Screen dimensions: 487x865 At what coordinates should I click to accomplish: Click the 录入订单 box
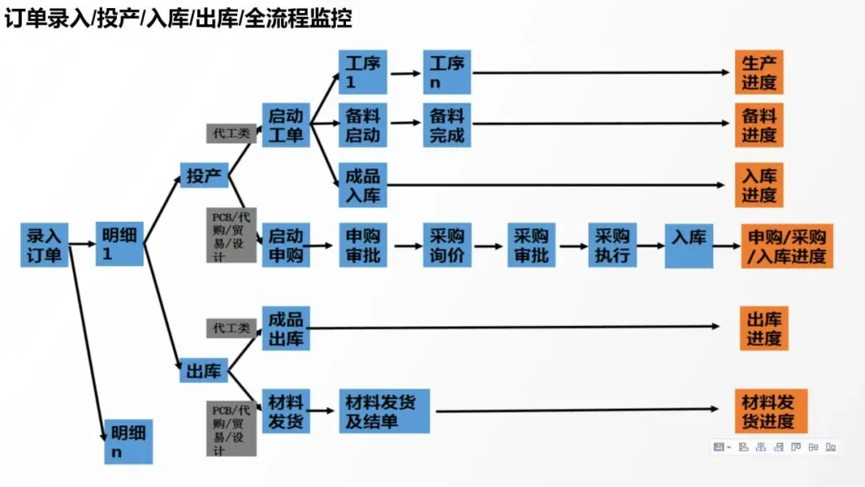[44, 245]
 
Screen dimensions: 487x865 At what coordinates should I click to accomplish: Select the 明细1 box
[119, 245]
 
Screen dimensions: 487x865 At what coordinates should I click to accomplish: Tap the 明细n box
[128, 441]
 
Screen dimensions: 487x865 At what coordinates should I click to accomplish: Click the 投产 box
[204, 176]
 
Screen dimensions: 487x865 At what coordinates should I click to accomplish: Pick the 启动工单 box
[286, 125]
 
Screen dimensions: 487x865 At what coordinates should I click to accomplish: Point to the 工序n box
[447, 72]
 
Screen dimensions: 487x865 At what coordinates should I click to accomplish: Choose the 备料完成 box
[447, 125]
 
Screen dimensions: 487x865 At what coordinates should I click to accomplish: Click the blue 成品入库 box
[362, 184]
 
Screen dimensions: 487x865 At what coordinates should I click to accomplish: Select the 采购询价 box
[447, 245]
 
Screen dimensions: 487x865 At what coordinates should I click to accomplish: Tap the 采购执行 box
[612, 245]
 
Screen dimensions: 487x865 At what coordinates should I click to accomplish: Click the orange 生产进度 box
[758, 72]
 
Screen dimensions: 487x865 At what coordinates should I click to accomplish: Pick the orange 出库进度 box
[763, 328]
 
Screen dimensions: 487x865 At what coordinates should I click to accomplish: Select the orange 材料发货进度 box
[770, 411]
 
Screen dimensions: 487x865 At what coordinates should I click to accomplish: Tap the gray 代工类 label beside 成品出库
[231, 328]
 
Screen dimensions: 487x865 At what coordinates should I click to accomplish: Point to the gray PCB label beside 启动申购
[231, 235]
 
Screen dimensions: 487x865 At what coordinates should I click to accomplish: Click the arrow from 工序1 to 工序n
[406, 73]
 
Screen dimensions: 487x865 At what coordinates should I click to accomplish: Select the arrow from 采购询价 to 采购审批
[489, 246]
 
